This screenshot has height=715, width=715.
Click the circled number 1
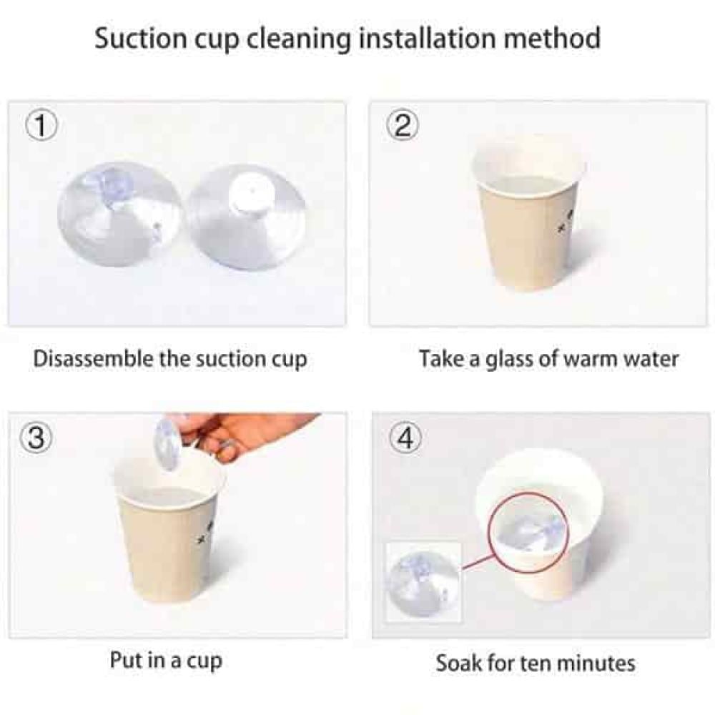tap(41, 125)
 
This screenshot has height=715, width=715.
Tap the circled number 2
tap(402, 125)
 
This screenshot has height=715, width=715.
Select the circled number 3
tap(36, 438)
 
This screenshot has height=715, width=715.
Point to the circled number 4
tap(405, 438)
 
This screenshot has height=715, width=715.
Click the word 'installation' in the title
tap(427, 39)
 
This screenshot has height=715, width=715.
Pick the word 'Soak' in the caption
tap(458, 663)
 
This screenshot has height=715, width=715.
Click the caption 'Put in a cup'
tap(166, 661)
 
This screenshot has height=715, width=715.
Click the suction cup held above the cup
tap(166, 443)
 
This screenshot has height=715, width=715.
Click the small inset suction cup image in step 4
tap(423, 582)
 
